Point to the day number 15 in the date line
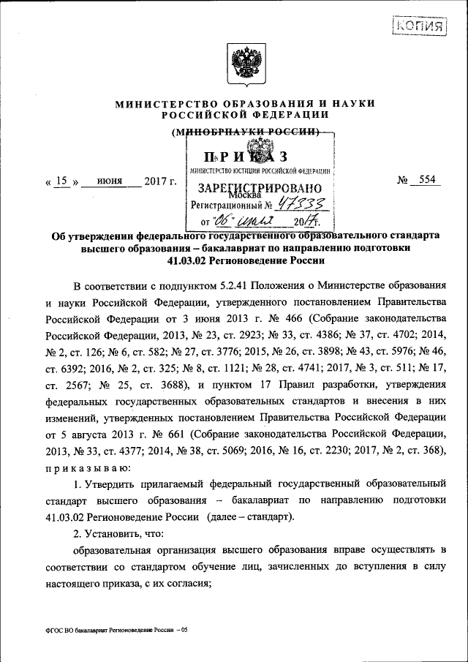click(x=65, y=181)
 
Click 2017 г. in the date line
click(x=159, y=181)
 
